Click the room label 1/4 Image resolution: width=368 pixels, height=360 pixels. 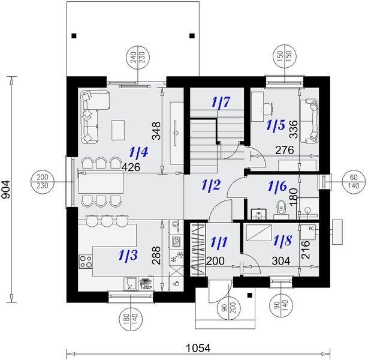(x=139, y=152)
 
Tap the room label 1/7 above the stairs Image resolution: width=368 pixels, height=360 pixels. (x=221, y=102)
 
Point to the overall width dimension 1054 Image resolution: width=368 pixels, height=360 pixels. (x=198, y=348)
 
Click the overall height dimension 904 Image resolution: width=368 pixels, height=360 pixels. (x=6, y=189)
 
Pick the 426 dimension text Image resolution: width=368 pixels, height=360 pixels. (x=131, y=167)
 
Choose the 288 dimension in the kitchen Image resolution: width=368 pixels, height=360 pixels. (x=156, y=255)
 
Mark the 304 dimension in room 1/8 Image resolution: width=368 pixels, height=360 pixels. (x=281, y=260)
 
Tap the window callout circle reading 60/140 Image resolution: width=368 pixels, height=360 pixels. (x=354, y=182)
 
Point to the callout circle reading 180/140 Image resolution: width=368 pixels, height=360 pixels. (x=131, y=319)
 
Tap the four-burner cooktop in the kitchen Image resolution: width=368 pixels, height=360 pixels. (x=86, y=262)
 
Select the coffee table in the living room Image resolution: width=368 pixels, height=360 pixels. (x=118, y=130)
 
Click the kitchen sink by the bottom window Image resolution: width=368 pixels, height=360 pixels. (x=131, y=284)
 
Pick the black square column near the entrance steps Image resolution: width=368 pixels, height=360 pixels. (x=250, y=295)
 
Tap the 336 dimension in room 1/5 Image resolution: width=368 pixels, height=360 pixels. (x=293, y=129)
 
